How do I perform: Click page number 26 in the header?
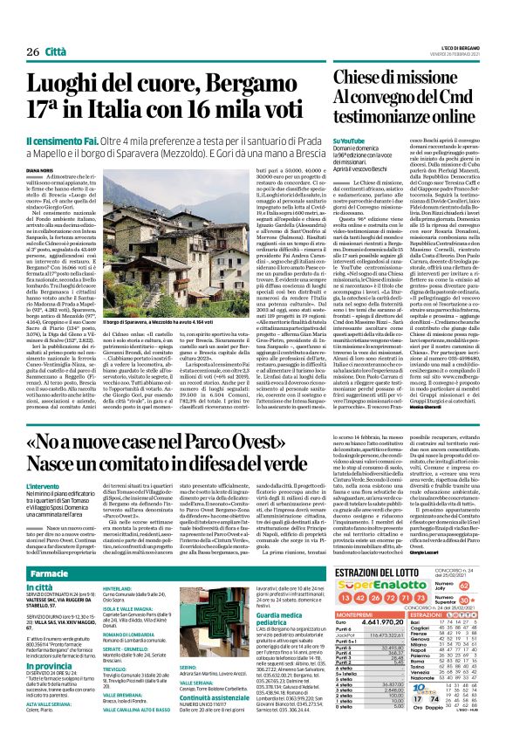coord(22,29)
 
